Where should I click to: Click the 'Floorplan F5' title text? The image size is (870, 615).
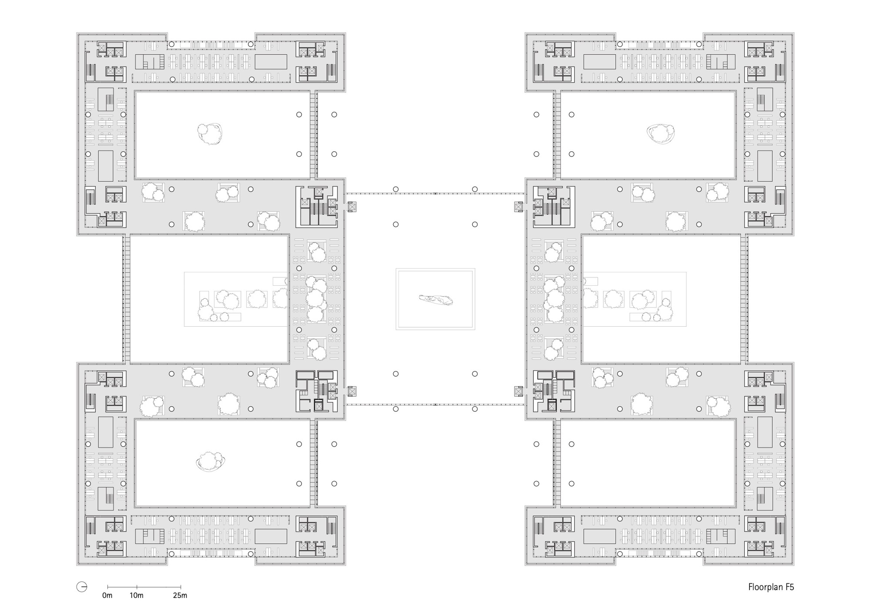coord(771,587)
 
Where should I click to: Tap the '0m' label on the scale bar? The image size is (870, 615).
coord(107,595)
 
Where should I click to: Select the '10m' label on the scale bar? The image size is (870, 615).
coord(136,595)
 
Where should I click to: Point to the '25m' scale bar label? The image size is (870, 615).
coord(180,595)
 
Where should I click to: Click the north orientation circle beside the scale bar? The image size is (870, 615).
coord(82,587)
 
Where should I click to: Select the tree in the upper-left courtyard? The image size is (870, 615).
coord(210,133)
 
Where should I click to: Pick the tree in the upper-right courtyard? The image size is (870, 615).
coord(661,134)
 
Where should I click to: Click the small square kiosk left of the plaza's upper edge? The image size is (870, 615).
coord(351,207)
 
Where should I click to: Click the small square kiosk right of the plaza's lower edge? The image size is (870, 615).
coord(519,391)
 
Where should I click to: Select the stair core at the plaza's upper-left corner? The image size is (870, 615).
coord(317,206)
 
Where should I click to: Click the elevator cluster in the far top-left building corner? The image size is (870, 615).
coord(110,49)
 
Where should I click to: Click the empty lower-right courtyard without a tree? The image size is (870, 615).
coord(648,463)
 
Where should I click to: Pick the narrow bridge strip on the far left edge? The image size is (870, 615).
coord(127,299)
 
